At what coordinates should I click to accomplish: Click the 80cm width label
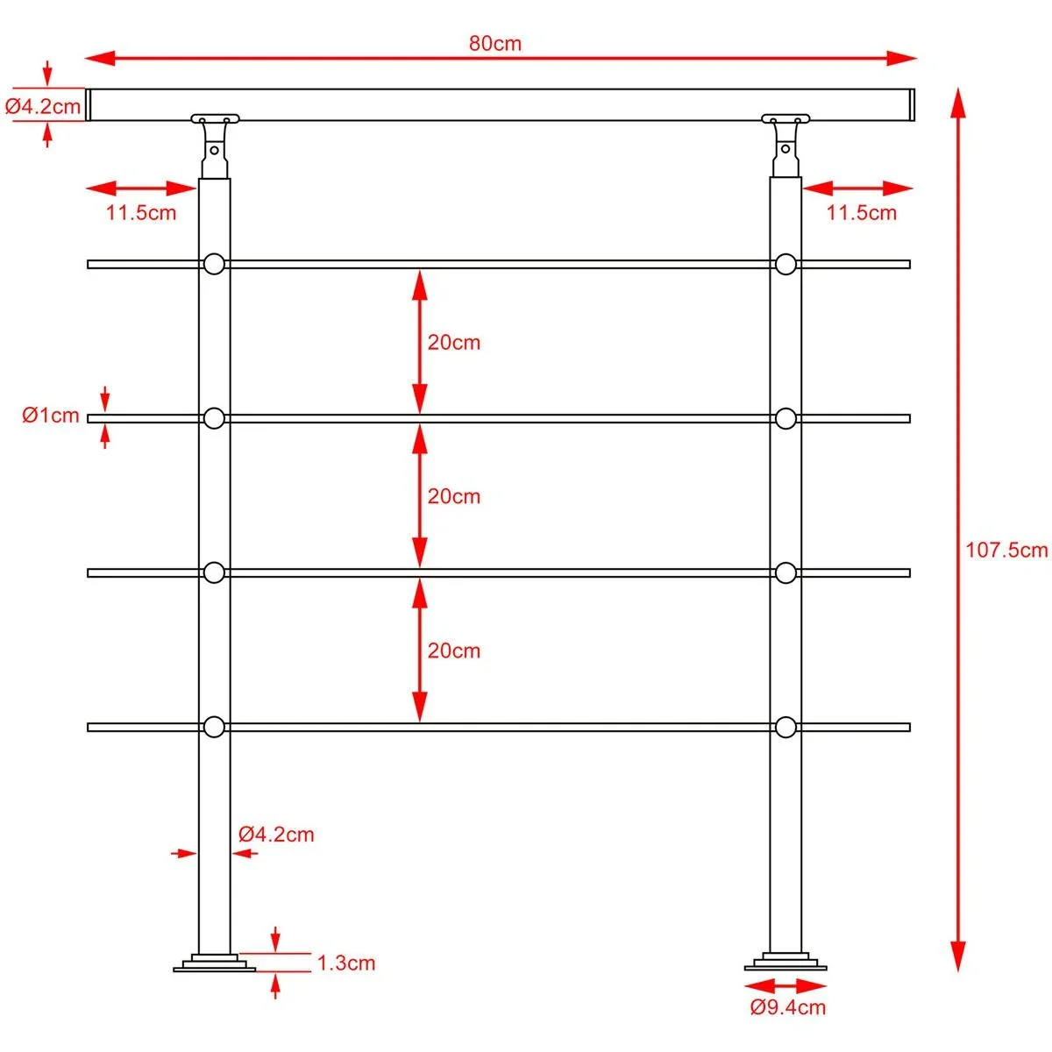(x=494, y=43)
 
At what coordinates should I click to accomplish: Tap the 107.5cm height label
(x=1006, y=550)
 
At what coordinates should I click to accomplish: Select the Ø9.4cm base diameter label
(x=787, y=1007)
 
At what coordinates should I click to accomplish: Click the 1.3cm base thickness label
(x=345, y=963)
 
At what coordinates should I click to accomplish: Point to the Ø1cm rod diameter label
(x=51, y=416)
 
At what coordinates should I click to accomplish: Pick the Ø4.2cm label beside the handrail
(x=43, y=107)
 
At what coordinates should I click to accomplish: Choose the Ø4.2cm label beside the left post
(x=276, y=834)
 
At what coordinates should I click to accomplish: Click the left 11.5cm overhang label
(x=141, y=212)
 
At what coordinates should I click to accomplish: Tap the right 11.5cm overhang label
(x=862, y=212)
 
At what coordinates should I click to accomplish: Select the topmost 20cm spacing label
(x=453, y=342)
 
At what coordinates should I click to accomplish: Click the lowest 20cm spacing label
(x=453, y=650)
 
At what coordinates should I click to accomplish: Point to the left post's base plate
(x=214, y=963)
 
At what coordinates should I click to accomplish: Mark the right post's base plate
(x=785, y=962)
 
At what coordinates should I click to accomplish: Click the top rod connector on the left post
(x=214, y=264)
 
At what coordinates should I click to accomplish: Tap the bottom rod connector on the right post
(x=785, y=727)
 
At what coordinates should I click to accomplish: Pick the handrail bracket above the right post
(x=785, y=140)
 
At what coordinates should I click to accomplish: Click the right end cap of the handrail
(x=911, y=105)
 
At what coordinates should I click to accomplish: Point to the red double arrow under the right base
(x=787, y=986)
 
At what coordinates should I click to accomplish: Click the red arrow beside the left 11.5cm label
(x=141, y=188)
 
